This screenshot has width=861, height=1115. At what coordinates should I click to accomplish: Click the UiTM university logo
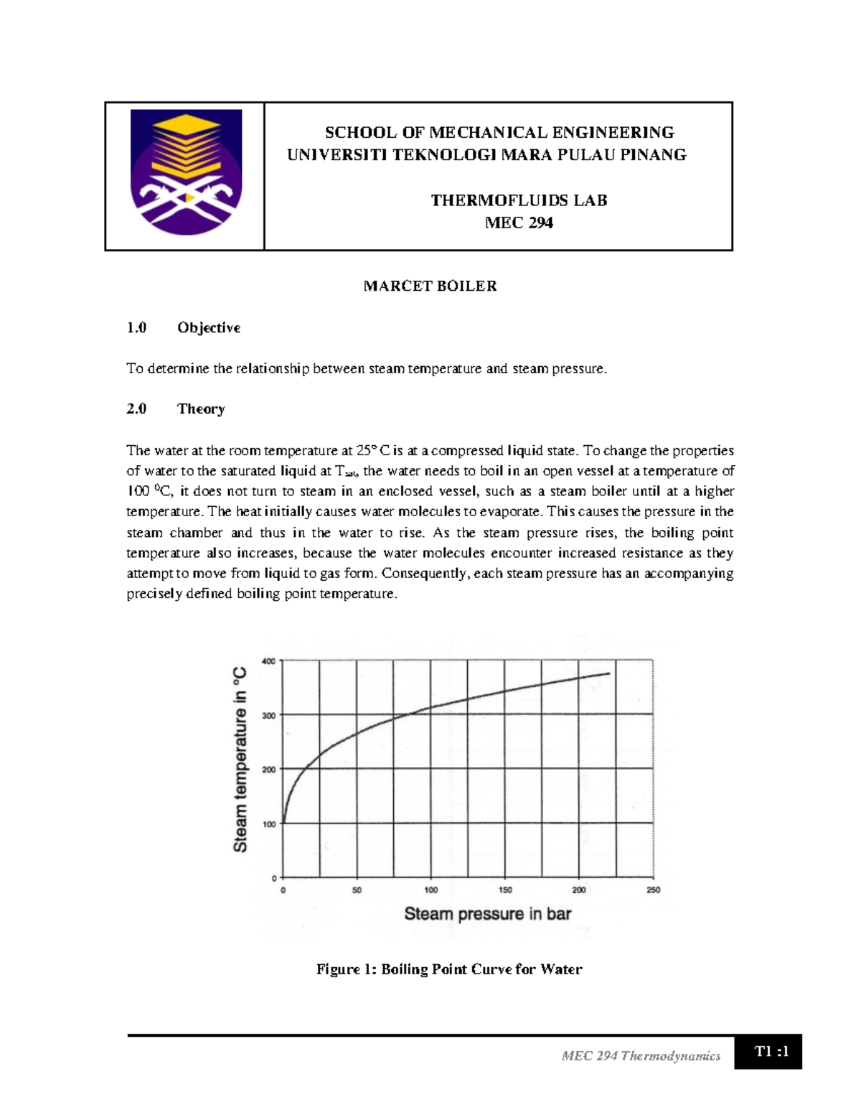pyautogui.click(x=186, y=172)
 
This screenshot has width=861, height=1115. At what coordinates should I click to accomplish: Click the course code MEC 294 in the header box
pyautogui.click(x=519, y=223)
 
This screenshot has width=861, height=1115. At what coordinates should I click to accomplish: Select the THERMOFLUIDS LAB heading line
pyautogui.click(x=519, y=200)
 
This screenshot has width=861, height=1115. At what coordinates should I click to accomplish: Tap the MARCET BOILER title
pyautogui.click(x=430, y=286)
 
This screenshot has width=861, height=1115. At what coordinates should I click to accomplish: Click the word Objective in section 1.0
pyautogui.click(x=209, y=327)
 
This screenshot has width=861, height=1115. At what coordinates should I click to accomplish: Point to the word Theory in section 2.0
pyautogui.click(x=201, y=409)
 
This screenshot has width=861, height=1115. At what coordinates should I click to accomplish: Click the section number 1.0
pyautogui.click(x=136, y=327)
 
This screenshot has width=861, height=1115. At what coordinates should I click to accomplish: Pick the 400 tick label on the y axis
pyautogui.click(x=268, y=661)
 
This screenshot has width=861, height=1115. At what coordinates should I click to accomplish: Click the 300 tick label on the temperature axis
pyautogui.click(x=268, y=716)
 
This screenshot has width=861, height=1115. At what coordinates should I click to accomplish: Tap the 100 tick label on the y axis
pyautogui.click(x=268, y=824)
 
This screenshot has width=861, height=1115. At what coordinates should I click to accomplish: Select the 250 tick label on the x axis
pyautogui.click(x=653, y=890)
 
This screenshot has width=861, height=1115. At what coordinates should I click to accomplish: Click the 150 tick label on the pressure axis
pyautogui.click(x=505, y=890)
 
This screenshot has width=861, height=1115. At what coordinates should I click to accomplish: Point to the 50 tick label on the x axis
pyautogui.click(x=357, y=890)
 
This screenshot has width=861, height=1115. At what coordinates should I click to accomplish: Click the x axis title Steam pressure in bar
pyautogui.click(x=488, y=914)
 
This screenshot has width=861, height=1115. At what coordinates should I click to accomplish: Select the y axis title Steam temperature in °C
pyautogui.click(x=240, y=760)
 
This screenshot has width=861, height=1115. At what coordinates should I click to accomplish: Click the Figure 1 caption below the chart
pyautogui.click(x=449, y=969)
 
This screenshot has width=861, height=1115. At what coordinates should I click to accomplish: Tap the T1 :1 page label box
pyautogui.click(x=771, y=1052)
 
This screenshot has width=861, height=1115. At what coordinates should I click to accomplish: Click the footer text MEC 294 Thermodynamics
pyautogui.click(x=641, y=1055)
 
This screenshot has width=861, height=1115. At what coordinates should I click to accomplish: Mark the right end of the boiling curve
pyautogui.click(x=609, y=673)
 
